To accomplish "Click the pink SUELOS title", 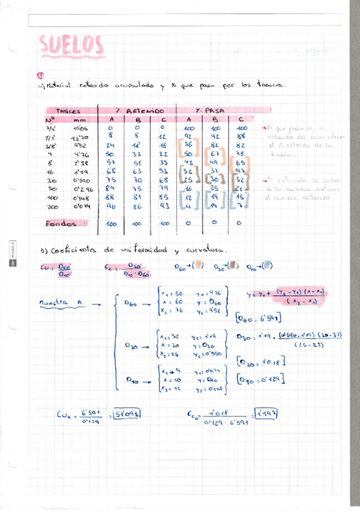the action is coord(71,45).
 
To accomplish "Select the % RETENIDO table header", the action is coord(140,111).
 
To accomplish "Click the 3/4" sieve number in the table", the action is coord(49,128).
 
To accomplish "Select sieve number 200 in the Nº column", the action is coord(50,206).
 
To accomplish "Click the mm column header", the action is coord(80,120).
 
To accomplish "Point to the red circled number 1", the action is coord(40,76).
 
